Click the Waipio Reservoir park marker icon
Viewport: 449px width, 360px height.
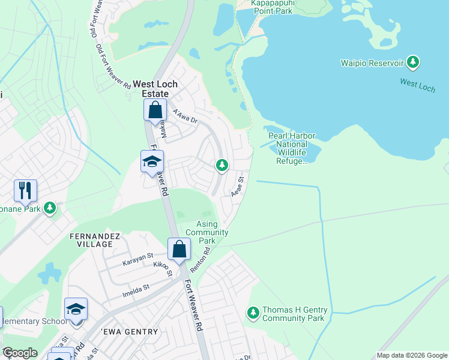click(412, 62)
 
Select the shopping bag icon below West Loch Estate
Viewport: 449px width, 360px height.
click(155, 110)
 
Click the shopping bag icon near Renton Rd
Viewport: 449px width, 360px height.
click(179, 249)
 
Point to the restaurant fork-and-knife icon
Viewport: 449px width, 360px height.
click(25, 191)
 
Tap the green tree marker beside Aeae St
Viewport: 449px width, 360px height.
click(222, 164)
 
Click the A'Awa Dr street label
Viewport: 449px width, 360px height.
click(184, 115)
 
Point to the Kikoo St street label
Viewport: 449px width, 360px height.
click(163, 269)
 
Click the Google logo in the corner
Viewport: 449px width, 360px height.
click(19, 353)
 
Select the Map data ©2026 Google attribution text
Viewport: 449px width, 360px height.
click(411, 355)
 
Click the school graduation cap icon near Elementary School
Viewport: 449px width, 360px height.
click(76, 309)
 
